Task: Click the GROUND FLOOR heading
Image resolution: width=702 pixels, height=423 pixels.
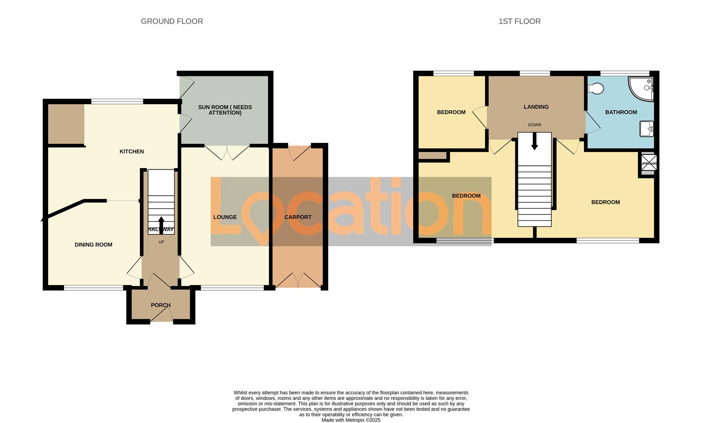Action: tap(172, 22)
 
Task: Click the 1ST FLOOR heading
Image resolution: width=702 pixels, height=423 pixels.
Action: tap(519, 22)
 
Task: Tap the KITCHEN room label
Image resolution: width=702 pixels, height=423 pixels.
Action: tap(132, 152)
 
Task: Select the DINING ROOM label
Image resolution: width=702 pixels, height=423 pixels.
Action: tap(93, 245)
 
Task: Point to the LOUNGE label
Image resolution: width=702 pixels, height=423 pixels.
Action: tap(225, 217)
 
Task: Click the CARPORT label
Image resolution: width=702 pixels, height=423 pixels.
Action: tap(298, 217)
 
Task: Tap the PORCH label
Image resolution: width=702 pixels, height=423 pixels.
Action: tap(161, 305)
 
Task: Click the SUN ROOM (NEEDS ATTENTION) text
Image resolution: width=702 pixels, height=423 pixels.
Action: tap(225, 110)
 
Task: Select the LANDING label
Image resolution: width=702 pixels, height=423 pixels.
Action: tap(536, 107)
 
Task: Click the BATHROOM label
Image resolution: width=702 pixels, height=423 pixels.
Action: tap(621, 112)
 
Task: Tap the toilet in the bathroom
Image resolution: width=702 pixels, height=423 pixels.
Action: tap(596, 89)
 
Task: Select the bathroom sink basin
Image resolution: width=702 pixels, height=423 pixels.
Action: tap(646, 129)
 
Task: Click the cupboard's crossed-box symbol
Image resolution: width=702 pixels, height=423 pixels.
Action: tap(648, 163)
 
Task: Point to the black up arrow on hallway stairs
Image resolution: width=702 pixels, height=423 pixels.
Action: tap(161, 225)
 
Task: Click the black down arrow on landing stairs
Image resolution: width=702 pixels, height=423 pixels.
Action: tap(534, 142)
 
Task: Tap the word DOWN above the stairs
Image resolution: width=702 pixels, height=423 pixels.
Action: tap(534, 125)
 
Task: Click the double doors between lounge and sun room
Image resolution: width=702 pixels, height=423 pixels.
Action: tap(227, 152)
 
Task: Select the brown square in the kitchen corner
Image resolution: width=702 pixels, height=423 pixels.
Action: tap(66, 124)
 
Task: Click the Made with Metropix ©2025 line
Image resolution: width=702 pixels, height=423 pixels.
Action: tap(351, 420)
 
